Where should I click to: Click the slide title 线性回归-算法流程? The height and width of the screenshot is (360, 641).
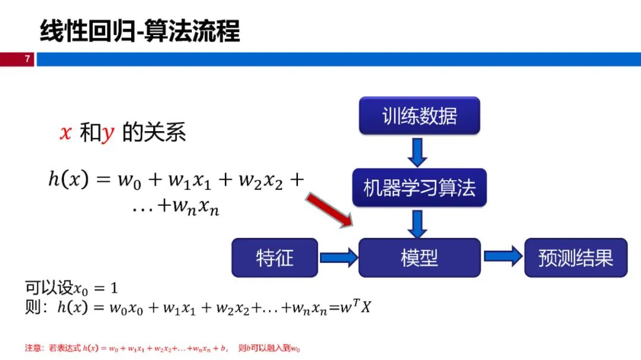click(x=140, y=31)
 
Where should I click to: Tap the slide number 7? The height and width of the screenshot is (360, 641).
click(x=27, y=59)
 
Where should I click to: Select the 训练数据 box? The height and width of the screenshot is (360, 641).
click(x=420, y=116)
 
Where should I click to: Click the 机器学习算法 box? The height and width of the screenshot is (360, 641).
click(x=420, y=187)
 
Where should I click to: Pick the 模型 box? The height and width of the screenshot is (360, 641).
click(x=420, y=258)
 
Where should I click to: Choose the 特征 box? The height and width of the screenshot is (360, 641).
click(x=275, y=258)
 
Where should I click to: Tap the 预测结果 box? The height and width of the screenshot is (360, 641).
click(x=576, y=258)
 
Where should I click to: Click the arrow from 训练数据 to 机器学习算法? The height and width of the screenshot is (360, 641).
click(x=417, y=152)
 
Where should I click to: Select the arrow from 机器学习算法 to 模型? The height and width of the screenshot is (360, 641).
click(x=417, y=224)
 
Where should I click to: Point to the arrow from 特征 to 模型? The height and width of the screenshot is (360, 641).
click(x=339, y=257)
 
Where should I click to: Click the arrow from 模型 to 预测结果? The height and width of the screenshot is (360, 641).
click(x=503, y=256)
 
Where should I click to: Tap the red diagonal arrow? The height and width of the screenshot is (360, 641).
click(x=329, y=209)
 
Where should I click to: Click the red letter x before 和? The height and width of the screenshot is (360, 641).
click(x=65, y=133)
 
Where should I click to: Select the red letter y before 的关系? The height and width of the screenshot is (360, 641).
click(x=108, y=133)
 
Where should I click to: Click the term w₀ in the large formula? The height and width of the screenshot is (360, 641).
click(x=129, y=180)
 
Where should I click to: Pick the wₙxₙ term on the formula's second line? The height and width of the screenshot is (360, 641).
click(x=196, y=206)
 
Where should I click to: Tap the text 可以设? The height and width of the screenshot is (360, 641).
click(x=49, y=288)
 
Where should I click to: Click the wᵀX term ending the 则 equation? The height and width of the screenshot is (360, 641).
click(x=356, y=306)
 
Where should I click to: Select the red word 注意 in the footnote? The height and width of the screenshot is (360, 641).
click(x=33, y=348)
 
